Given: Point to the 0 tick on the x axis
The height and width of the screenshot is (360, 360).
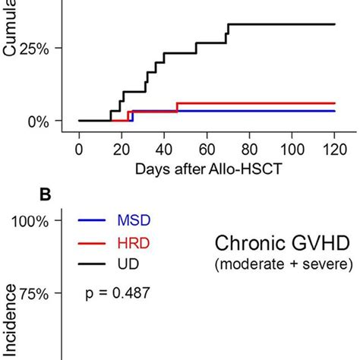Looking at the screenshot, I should point(79,150).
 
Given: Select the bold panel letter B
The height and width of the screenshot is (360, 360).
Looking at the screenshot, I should point(45,194).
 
